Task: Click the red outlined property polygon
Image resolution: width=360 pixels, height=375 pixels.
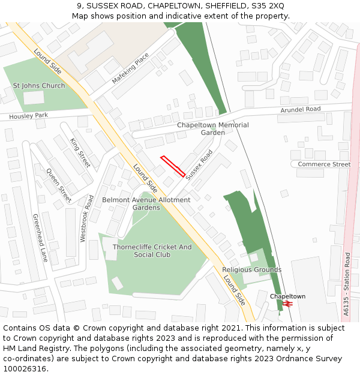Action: tap(173, 166)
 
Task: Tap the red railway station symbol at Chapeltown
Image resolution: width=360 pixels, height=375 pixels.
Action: tap(289, 304)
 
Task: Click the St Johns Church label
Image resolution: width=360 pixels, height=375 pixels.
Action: tap(39, 86)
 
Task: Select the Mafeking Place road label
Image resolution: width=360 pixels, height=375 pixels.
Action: tap(130, 68)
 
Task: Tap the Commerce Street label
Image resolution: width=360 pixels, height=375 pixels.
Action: tap(324, 164)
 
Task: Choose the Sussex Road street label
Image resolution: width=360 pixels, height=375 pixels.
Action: tap(199, 165)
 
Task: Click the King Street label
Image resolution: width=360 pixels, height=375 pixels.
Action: tap(80, 152)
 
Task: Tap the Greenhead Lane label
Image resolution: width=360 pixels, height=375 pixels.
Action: tap(40, 238)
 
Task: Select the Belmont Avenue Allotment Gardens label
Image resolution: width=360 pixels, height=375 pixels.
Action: tap(146, 203)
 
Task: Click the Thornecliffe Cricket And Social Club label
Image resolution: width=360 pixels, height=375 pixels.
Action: tap(152, 251)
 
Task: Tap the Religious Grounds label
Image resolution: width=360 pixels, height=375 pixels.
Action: tap(252, 270)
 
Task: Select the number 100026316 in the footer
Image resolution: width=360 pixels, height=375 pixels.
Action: tap(26, 368)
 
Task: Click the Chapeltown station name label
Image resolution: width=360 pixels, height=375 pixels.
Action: tap(287, 296)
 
